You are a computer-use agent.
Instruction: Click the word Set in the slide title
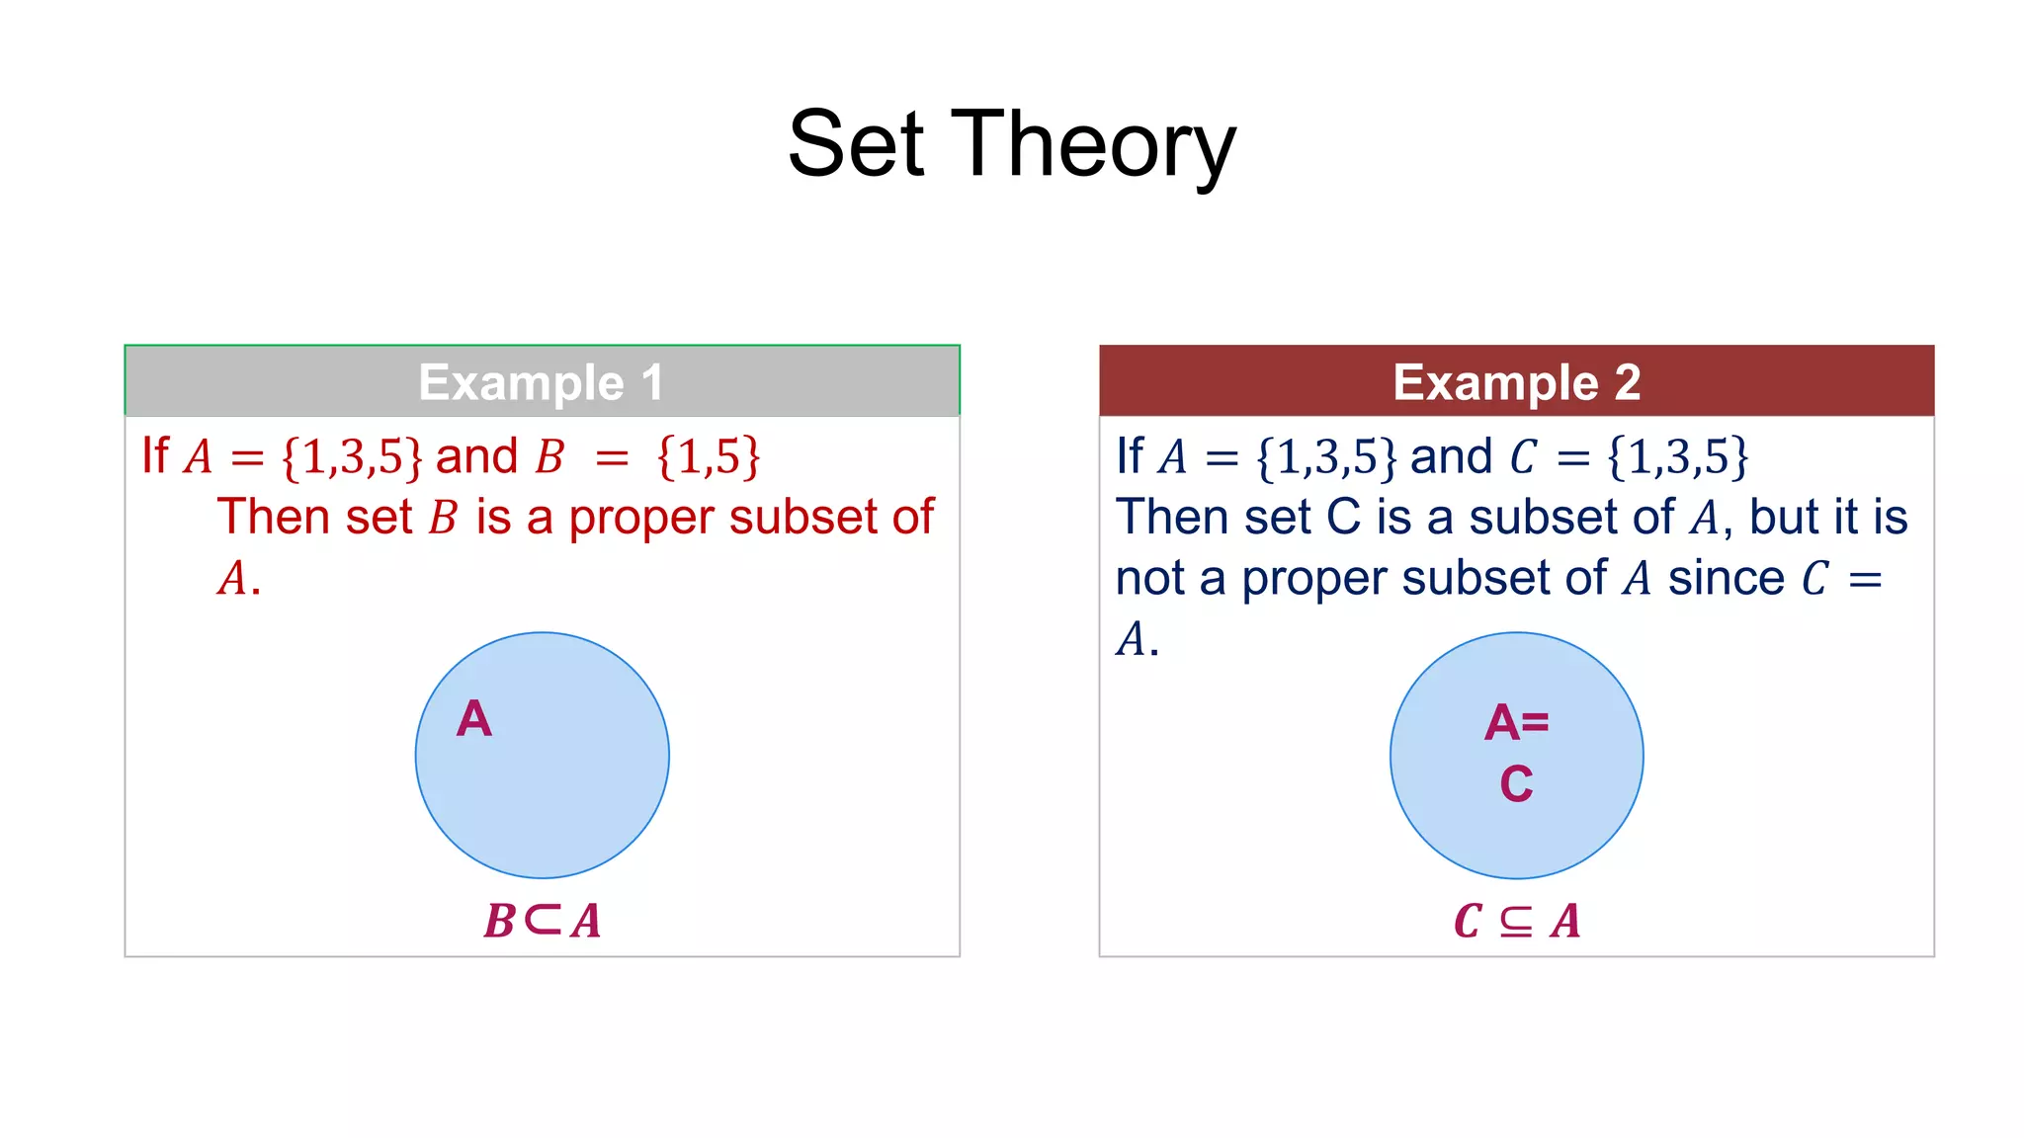pos(856,146)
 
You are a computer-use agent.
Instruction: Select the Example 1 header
pos(542,382)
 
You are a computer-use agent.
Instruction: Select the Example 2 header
pos(1516,382)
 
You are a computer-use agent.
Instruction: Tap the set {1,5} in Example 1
pos(709,457)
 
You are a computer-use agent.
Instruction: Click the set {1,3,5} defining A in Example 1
pos(352,457)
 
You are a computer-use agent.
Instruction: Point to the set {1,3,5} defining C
pos(1678,457)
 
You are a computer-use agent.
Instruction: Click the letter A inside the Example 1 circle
pos(473,719)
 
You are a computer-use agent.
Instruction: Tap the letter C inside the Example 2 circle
pos(1516,784)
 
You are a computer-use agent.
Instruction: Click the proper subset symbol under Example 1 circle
pos(543,919)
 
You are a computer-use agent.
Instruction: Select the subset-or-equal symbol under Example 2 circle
pos(1516,921)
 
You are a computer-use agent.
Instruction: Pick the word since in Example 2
pos(1726,579)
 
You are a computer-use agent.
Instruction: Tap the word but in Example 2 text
pos(1785,518)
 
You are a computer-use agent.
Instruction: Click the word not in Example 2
pos(1149,579)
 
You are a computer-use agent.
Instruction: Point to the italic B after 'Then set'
pos(444,519)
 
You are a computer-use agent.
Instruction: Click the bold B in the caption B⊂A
pos(499,921)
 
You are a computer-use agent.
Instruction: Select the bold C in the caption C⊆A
pos(1468,921)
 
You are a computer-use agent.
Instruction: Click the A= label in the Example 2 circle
pos(1516,723)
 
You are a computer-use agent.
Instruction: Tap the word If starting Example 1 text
pos(155,456)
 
